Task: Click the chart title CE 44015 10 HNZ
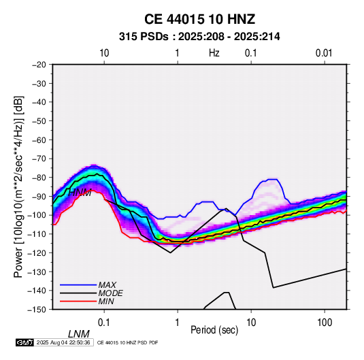click(199, 19)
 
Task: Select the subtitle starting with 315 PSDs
click(199, 37)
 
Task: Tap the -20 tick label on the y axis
click(39, 65)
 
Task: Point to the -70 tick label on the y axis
click(39, 159)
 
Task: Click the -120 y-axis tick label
click(37, 253)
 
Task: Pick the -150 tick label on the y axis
click(37, 310)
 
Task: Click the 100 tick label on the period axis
click(325, 323)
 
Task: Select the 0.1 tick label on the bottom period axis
click(104, 323)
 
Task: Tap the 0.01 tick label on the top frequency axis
click(324, 53)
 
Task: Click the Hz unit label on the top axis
click(214, 53)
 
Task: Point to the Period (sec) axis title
click(214, 330)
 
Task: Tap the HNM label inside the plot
click(80, 193)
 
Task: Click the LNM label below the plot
click(79, 334)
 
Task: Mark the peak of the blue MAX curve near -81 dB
click(272, 179)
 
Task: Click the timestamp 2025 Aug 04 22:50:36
click(63, 342)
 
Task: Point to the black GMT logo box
click(24, 342)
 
